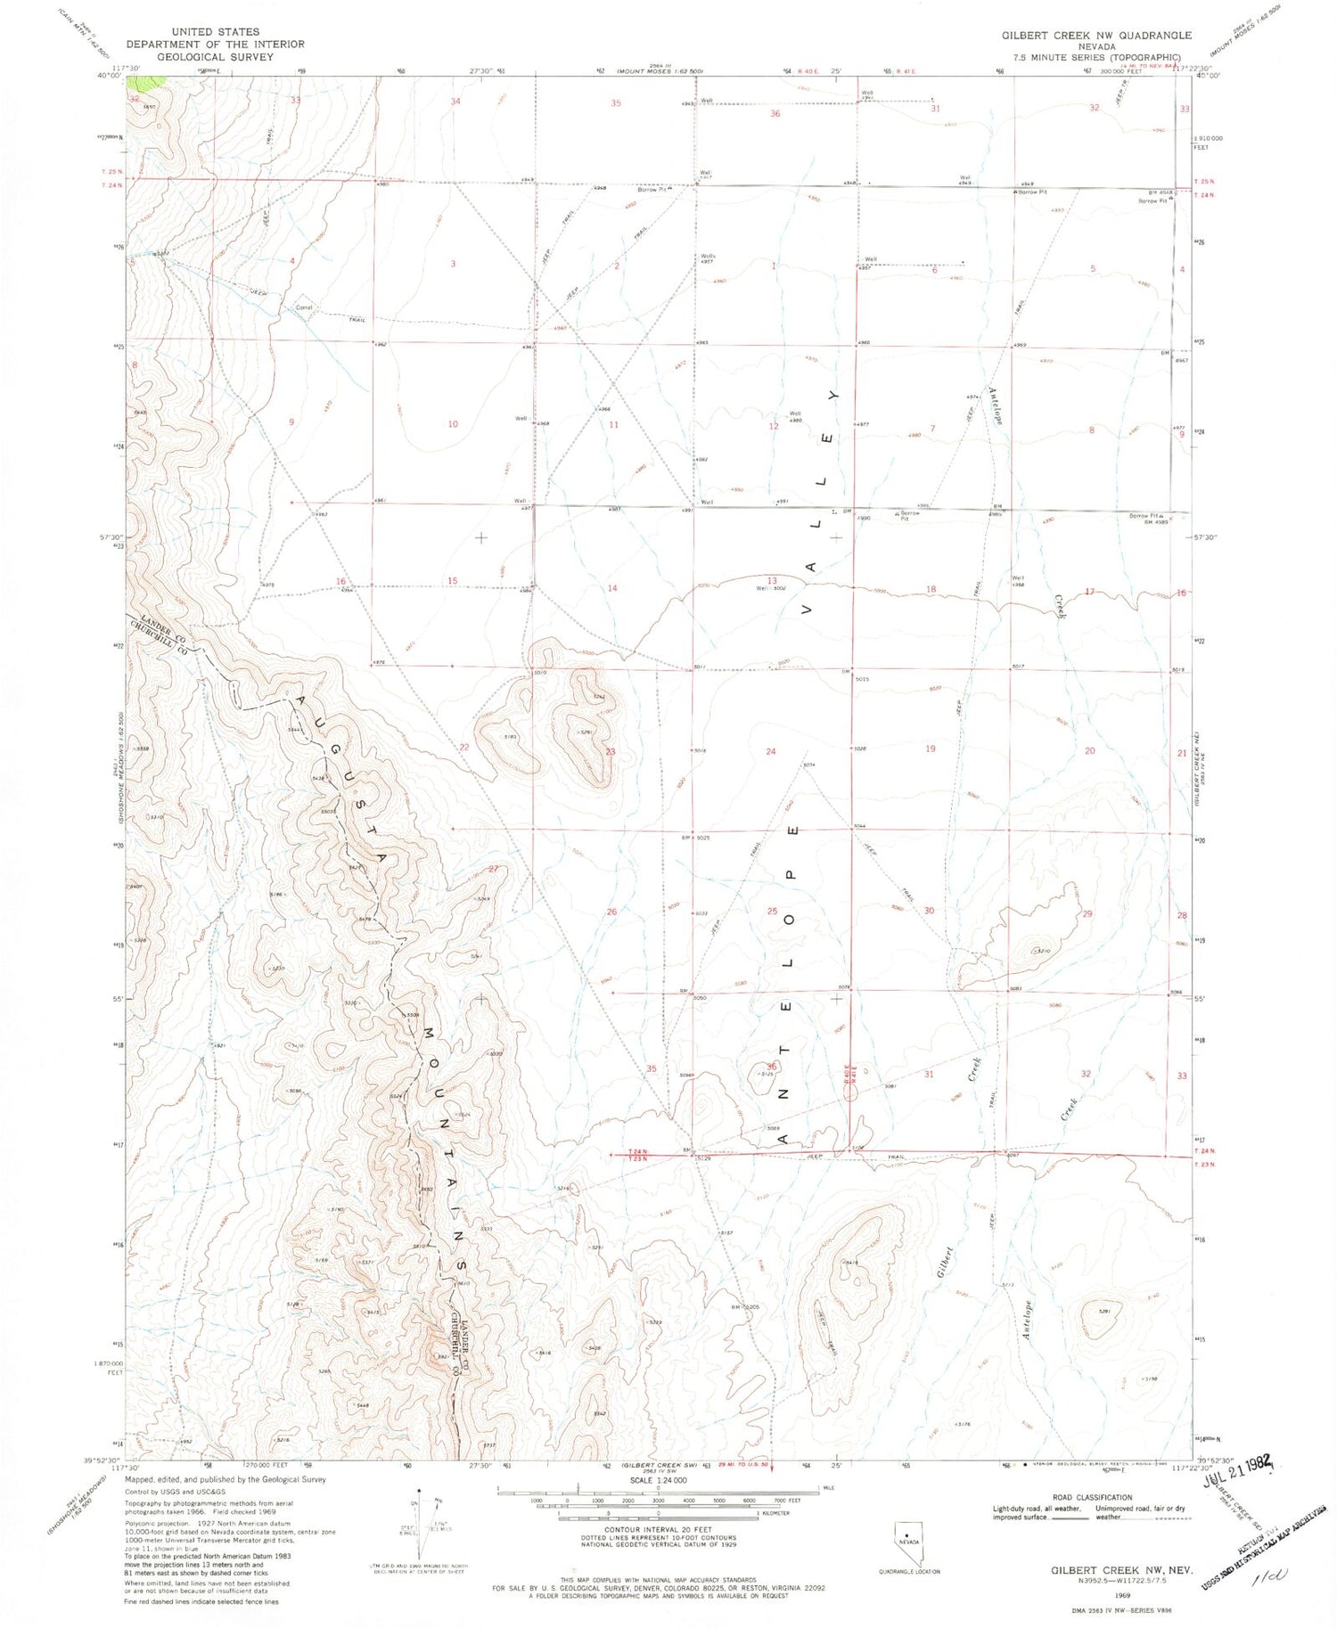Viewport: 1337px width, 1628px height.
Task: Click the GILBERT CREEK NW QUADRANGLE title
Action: click(1096, 36)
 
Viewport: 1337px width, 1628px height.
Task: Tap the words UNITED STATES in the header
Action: click(215, 31)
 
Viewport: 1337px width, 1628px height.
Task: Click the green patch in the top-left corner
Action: click(146, 83)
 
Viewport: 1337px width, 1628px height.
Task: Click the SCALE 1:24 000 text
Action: click(659, 1481)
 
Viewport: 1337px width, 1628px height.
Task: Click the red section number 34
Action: click(455, 102)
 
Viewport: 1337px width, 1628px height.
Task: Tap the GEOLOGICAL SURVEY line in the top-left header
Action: click(215, 56)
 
